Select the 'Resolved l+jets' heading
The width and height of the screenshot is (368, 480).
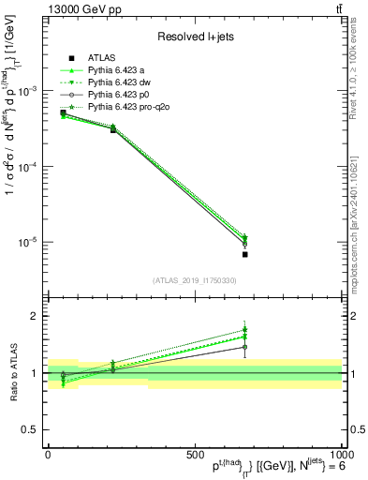[194, 37]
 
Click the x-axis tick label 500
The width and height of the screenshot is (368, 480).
[195, 454]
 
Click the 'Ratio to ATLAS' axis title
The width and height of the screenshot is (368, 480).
[11, 373]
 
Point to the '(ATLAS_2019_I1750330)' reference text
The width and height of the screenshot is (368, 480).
[194, 280]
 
